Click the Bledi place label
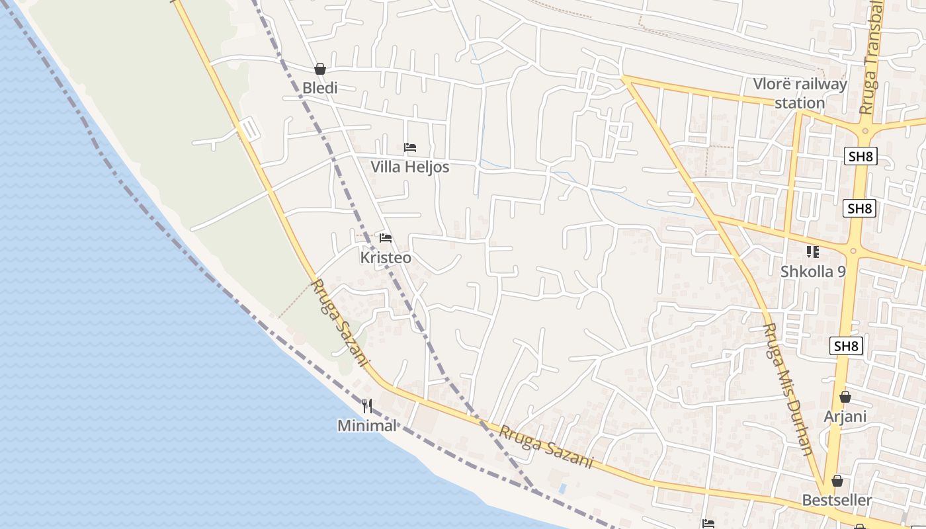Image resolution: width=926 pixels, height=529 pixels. (320, 88)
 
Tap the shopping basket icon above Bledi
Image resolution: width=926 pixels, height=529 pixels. (320, 69)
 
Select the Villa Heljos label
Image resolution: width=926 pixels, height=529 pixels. (409, 167)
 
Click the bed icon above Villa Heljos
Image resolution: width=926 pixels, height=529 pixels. (410, 147)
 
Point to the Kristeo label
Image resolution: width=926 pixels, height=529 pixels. (386, 257)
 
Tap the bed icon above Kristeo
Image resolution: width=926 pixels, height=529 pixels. (386, 237)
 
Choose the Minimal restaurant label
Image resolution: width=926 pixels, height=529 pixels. (367, 425)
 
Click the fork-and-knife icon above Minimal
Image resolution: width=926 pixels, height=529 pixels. (367, 405)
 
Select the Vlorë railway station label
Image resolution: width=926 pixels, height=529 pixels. (800, 93)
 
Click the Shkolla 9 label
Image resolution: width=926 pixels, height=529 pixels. (813, 271)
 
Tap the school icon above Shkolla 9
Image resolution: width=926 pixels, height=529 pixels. (813, 251)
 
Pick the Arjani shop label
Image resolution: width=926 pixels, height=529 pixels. (845, 417)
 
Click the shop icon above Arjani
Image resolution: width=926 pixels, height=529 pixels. (845, 397)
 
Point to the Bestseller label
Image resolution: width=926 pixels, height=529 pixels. (837, 500)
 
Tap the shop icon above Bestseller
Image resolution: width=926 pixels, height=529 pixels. (837, 481)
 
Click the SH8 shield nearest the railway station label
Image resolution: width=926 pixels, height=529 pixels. (860, 156)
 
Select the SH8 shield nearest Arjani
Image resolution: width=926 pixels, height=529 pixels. (847, 345)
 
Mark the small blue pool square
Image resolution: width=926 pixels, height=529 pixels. (563, 489)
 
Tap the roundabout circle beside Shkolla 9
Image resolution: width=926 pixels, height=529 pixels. (853, 251)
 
